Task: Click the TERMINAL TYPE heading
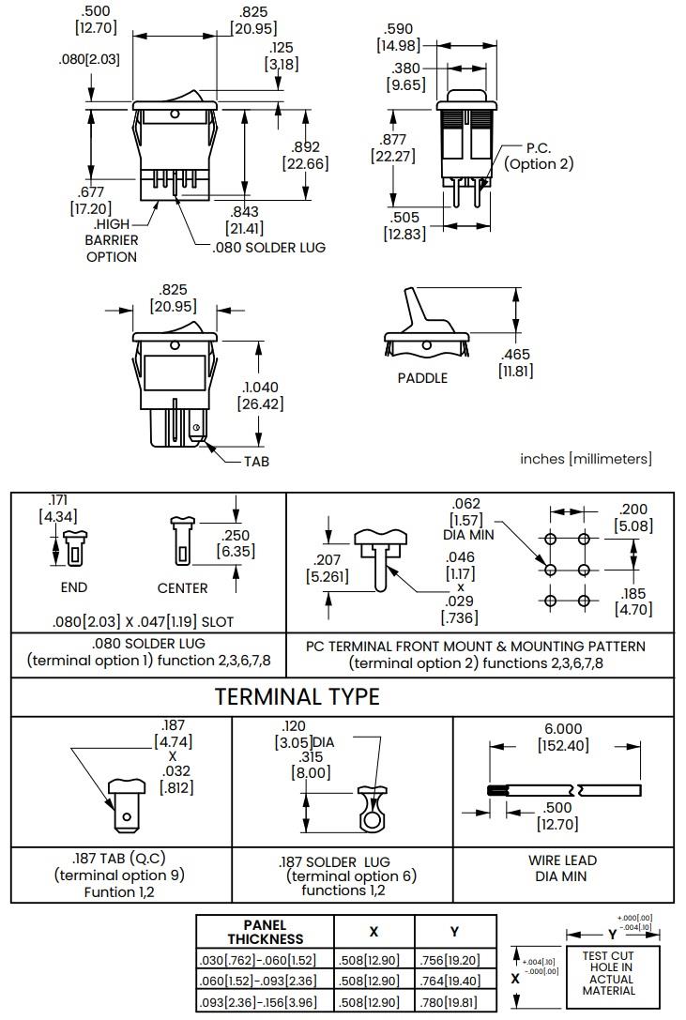tap(297, 696)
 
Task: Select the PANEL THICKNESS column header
tap(266, 932)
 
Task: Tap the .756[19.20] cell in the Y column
tap(454, 960)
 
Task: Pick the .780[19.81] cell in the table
tap(454, 1001)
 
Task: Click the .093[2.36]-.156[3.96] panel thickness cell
tap(265, 1001)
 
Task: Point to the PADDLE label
tap(422, 378)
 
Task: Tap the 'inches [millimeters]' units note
tap(586, 458)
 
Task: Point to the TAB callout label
tap(256, 462)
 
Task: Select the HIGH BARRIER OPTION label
tap(113, 240)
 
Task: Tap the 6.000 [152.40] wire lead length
tap(563, 738)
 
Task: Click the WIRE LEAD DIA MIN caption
tap(563, 868)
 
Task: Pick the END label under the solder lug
tap(73, 587)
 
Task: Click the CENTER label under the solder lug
tap(182, 587)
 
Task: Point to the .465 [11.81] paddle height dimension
tap(515, 362)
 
